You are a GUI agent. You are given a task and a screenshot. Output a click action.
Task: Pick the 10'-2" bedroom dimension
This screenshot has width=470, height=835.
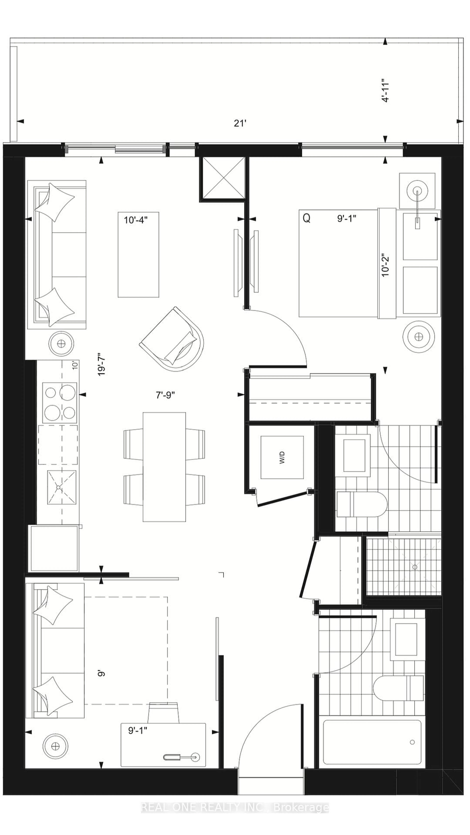pos(385,265)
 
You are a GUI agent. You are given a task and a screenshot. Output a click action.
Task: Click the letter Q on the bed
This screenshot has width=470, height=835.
pos(306,218)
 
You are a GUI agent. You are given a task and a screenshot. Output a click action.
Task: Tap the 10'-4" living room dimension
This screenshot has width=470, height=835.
pos(136,220)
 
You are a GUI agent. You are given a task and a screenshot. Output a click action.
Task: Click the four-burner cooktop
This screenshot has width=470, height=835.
pos(60,403)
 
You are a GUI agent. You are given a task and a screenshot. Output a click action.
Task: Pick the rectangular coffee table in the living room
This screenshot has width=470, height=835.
pos(139,255)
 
